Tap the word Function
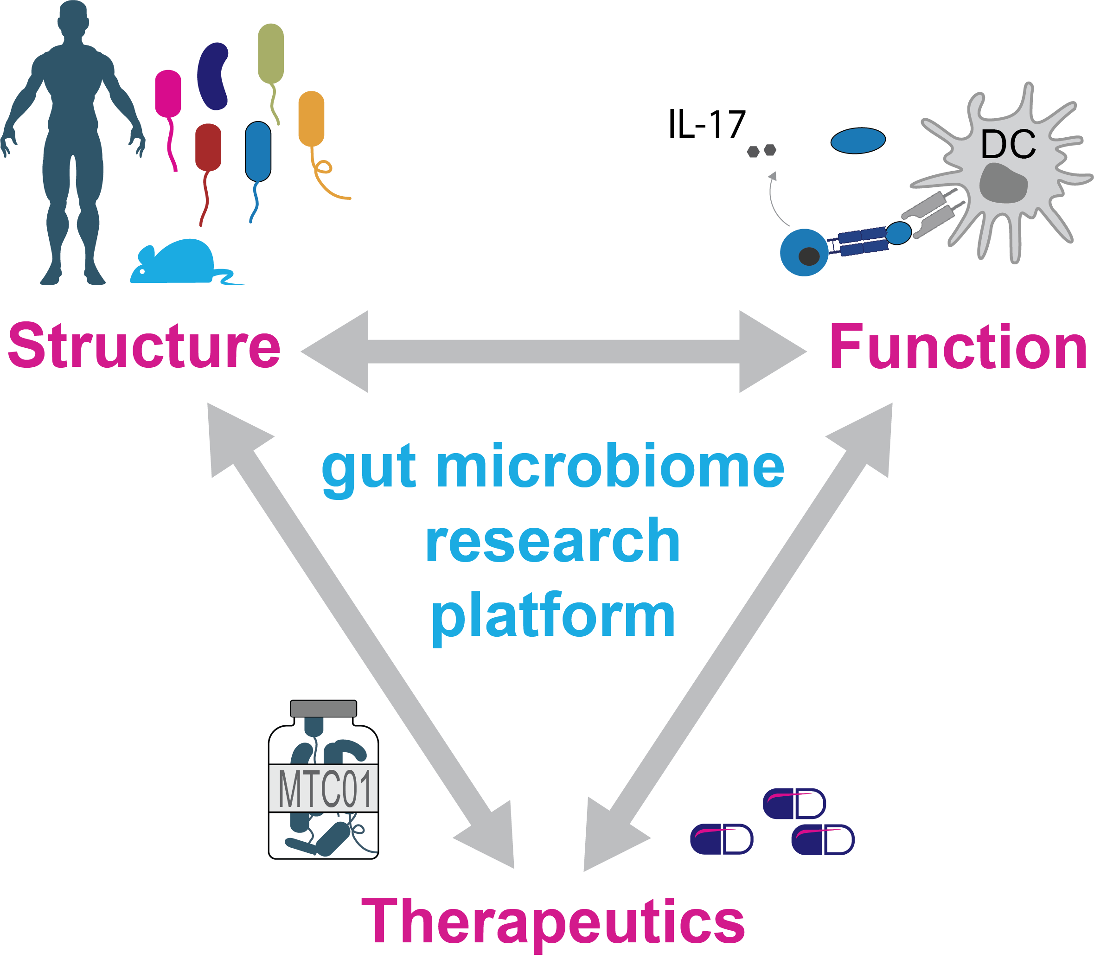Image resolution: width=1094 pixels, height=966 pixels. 958,347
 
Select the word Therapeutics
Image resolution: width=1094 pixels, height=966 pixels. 553,921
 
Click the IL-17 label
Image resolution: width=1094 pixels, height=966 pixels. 706,125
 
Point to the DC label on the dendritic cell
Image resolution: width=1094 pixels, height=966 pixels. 1008,145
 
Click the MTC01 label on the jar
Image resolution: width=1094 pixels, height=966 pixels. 324,789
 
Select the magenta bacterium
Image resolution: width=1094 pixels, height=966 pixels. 168,93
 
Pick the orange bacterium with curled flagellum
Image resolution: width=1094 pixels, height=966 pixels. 311,118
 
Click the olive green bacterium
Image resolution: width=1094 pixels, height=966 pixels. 271,53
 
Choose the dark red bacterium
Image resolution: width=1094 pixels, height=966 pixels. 208,147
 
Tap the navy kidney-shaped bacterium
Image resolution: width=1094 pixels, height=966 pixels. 213,76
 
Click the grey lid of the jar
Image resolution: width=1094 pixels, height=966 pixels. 323,708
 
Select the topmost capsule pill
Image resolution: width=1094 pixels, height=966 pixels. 794,803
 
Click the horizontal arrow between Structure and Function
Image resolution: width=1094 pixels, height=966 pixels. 553,352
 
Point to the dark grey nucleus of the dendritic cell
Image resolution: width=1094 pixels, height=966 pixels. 1003,183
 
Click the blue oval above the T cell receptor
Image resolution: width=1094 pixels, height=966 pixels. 858,140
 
